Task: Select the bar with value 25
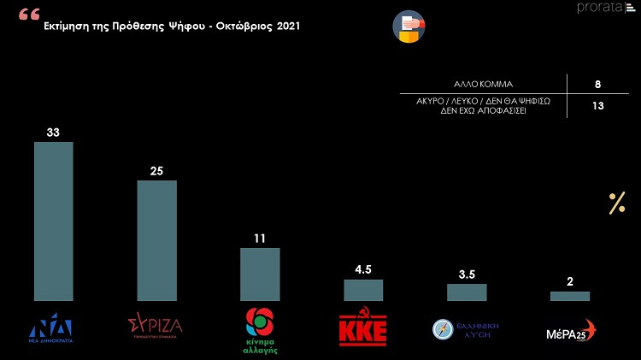pos(156,240)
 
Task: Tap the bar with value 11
pos(260,274)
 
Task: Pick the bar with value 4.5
pos(363,290)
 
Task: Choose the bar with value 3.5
pos(467,292)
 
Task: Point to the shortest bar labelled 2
pos(569,296)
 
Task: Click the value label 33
pos(53,132)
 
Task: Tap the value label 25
pos(156,170)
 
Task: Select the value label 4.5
pos(363,269)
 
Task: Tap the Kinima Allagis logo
pos(260,330)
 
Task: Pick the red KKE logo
pos(363,329)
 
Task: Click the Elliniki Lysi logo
pos(467,330)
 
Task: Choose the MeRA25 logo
pos(571,331)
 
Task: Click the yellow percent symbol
pos(617,204)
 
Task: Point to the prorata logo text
pos(599,9)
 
